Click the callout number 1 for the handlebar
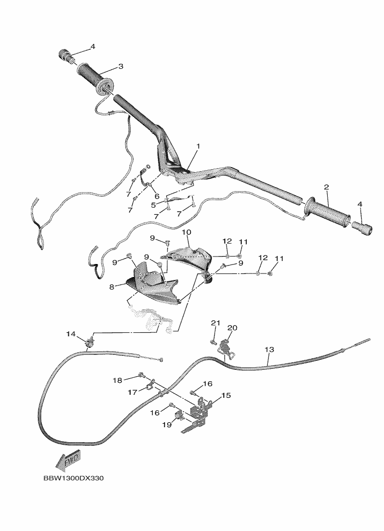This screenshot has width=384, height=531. point(198,146)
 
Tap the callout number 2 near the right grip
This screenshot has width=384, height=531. point(326,187)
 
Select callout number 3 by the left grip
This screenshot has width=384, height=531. point(121,66)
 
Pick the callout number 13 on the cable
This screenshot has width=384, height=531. point(269,349)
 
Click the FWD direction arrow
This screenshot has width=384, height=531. point(68,460)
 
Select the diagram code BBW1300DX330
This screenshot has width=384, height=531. point(73,478)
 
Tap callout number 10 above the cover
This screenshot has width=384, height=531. point(187,232)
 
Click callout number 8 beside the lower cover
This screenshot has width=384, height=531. point(112,287)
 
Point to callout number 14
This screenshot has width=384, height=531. point(71,334)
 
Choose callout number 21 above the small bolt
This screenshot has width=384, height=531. point(215,323)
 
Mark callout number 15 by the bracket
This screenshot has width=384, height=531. point(226,395)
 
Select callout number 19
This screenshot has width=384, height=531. point(167,424)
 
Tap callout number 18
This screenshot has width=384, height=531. point(117,380)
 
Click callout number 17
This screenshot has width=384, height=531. point(132,392)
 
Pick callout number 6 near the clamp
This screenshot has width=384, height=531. point(157,196)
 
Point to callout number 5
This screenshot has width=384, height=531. point(153,205)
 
